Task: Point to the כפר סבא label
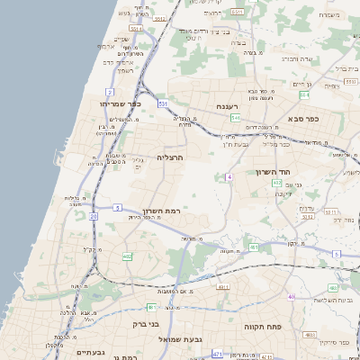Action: click(303, 118)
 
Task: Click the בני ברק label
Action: click(145, 324)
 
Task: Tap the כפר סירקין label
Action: click(333, 343)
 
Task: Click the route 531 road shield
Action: click(163, 104)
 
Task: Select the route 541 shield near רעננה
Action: click(235, 118)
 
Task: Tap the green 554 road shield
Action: click(304, 94)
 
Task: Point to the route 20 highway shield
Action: click(94, 216)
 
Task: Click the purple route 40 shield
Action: click(291, 297)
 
